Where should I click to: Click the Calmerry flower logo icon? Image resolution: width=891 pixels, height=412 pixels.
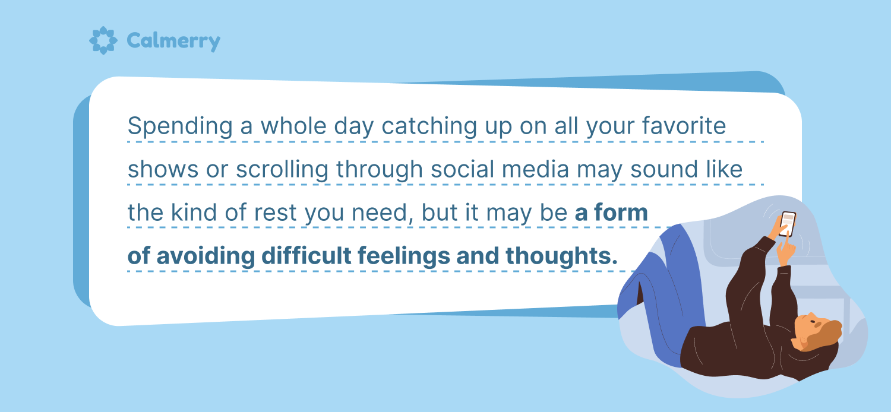point(103,40)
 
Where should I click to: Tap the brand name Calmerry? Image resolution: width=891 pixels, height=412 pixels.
point(173,42)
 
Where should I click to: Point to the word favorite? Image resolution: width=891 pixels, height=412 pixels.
point(684,126)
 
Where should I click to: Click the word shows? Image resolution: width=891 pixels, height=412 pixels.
point(163,170)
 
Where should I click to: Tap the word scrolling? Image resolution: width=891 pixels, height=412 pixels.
point(282,170)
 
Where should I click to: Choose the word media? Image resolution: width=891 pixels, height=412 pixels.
point(535,169)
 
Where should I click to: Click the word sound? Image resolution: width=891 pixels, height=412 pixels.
point(664,169)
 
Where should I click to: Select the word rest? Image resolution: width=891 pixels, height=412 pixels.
point(275,213)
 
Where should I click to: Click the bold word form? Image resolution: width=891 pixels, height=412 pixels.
point(621,212)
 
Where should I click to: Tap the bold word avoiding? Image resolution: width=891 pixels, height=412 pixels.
point(206,256)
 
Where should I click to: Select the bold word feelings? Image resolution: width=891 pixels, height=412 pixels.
point(404,256)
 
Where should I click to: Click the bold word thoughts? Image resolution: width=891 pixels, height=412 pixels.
point(562,256)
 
